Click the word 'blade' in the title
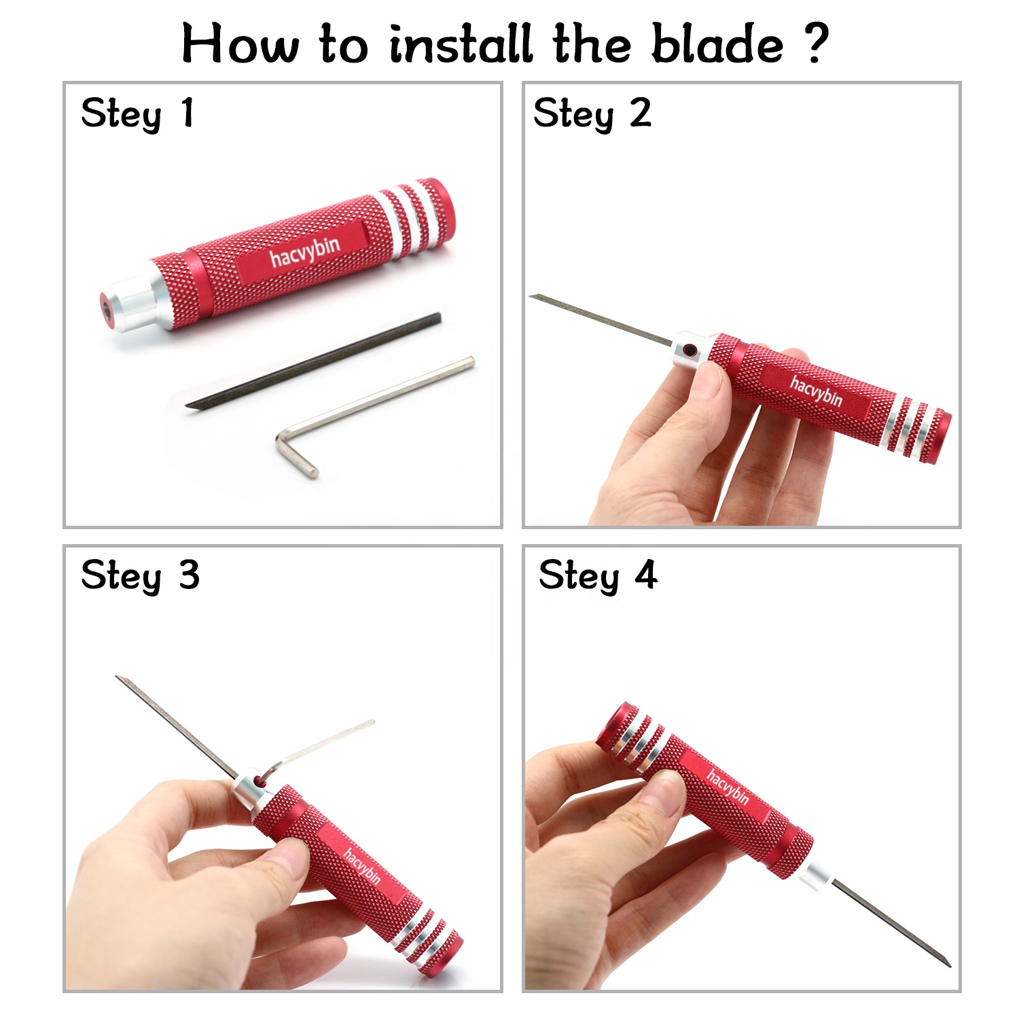tap(717, 43)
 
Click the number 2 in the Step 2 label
tap(640, 113)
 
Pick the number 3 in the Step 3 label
tap(189, 575)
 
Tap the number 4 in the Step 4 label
tap(646, 575)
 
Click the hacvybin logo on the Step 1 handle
tap(304, 251)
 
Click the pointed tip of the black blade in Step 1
tap(188, 406)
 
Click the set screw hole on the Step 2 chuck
tap(690, 351)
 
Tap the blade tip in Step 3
tap(118, 677)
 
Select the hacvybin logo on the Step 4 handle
tap(727, 787)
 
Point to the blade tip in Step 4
tap(948, 964)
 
